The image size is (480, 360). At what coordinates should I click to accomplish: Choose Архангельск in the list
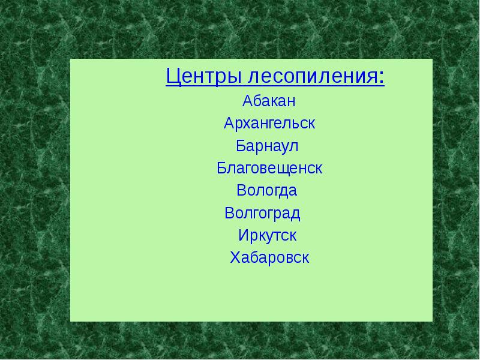point(269,124)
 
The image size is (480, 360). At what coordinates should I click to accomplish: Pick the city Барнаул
point(267,146)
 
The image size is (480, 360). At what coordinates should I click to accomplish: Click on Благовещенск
point(269,168)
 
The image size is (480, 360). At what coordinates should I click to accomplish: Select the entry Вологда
point(267,191)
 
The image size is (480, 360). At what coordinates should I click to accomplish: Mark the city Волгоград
point(262,213)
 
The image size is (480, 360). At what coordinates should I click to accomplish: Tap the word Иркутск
point(267,235)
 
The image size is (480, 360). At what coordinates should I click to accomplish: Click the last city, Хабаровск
point(269,258)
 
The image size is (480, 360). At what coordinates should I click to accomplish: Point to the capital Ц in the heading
point(173,77)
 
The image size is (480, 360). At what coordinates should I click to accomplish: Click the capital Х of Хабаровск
point(235,258)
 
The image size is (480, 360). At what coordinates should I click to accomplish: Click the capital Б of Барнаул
point(241,146)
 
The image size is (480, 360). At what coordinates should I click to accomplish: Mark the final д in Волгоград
point(295,214)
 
